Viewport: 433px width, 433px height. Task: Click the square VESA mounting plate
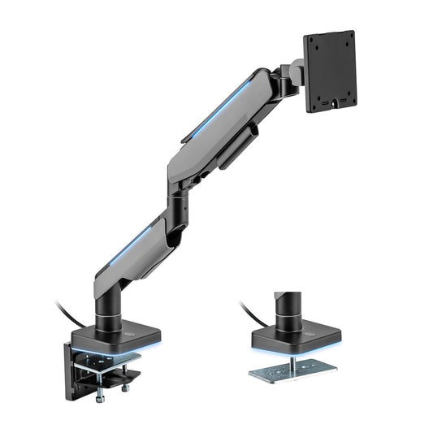[x=331, y=71]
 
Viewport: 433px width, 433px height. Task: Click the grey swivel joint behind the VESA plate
[x=294, y=75]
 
